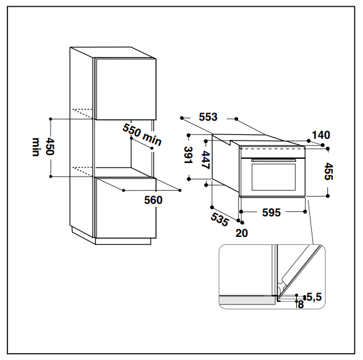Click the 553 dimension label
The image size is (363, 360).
coord(208,117)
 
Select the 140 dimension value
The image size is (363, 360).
coord(321,135)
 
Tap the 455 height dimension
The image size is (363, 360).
coord(329,171)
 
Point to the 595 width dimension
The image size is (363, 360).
coord(271,212)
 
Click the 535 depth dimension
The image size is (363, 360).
coord(220,219)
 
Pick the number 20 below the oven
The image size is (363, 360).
coord(242,233)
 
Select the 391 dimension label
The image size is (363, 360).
coord(189,155)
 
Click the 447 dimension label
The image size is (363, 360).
coord(206,160)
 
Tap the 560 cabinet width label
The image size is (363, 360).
coord(153,200)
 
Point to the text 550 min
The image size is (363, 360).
coord(142,134)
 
